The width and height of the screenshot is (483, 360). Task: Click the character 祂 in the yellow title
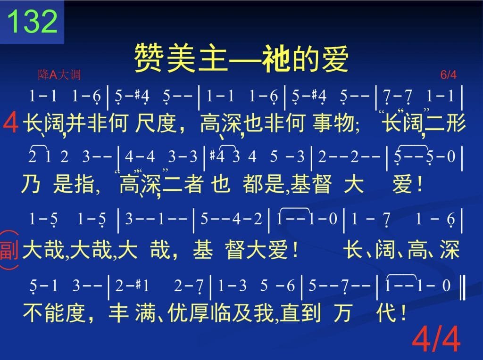point(275,58)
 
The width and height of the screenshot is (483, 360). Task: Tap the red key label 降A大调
point(59,75)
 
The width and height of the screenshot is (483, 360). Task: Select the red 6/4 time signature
point(448,74)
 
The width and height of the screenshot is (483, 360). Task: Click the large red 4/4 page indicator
point(436,339)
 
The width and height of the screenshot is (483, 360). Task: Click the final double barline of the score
point(462,288)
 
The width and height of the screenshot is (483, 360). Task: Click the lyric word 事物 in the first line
point(333,123)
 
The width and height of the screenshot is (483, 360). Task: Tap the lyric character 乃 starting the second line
point(31,184)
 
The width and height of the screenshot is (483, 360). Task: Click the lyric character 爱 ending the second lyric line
point(402,184)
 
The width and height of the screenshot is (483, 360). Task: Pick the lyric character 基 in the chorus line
point(203,249)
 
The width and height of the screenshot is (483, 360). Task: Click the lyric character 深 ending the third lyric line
point(450,249)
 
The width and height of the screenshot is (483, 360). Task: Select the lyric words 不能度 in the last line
point(54,312)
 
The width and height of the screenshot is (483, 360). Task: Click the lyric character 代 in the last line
point(386,312)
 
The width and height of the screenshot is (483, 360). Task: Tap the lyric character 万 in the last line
point(342,312)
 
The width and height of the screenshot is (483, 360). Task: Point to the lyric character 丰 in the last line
point(118,312)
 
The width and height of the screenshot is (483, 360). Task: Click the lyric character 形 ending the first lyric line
point(456,123)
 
